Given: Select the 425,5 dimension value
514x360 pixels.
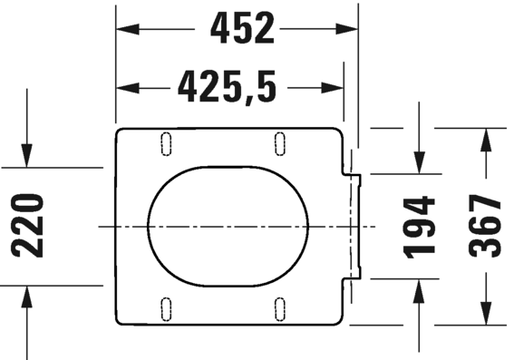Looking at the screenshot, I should click(x=227, y=87).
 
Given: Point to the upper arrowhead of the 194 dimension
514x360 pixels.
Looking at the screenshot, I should click(x=420, y=162).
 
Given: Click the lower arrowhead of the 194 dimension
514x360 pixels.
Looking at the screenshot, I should click(x=420, y=289).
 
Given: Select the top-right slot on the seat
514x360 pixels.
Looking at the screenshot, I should click(x=280, y=141).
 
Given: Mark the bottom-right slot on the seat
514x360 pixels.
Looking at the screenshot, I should click(x=280, y=307).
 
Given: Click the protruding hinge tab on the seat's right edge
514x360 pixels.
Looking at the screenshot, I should click(x=355, y=225).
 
